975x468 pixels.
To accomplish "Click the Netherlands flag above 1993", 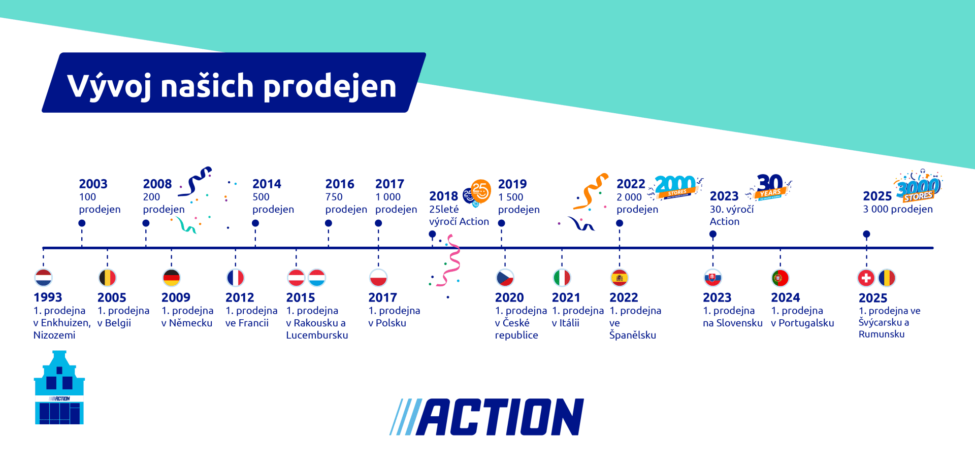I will (x=44, y=278).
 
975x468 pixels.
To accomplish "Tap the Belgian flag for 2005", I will (x=107, y=278).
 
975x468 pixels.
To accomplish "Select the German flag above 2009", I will (x=172, y=278).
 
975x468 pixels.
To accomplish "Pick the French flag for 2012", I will (x=235, y=278).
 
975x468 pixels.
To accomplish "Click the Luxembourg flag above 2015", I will (x=317, y=278).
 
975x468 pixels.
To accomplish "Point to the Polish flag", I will (x=378, y=278).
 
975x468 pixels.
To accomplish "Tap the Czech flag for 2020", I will (x=505, y=278).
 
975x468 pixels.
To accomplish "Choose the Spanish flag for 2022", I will (x=620, y=278).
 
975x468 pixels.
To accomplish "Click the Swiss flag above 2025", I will (x=866, y=278).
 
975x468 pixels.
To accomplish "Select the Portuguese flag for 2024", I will (x=780, y=278).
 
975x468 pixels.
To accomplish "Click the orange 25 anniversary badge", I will (x=479, y=191).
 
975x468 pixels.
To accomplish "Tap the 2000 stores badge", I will (x=675, y=186).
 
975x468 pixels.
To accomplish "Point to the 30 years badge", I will (x=770, y=186).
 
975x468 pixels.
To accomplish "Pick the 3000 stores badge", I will (x=918, y=188).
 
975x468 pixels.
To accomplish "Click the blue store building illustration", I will (x=59, y=388).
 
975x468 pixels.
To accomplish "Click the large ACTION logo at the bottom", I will (x=486, y=417).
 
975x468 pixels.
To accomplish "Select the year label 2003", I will (x=93, y=184).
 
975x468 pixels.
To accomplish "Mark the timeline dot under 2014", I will (x=255, y=223).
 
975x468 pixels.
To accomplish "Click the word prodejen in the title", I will (x=330, y=86).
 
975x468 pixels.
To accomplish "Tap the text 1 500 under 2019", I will (x=510, y=197).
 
